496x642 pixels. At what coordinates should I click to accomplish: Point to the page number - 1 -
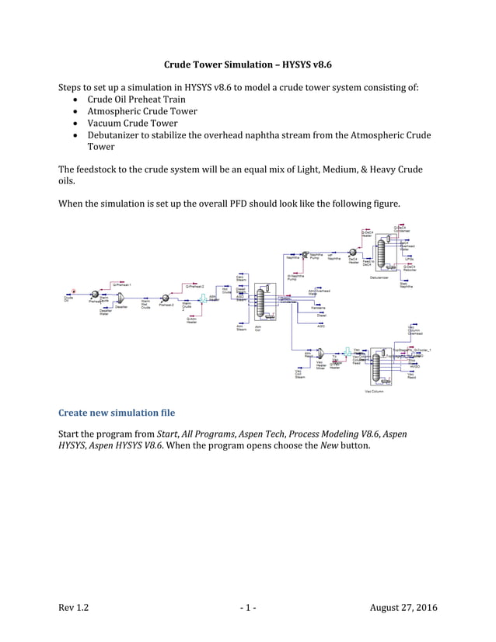(248, 606)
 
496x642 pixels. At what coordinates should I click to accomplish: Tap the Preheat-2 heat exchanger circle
(166, 296)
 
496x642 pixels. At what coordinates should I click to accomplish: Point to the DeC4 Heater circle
(353, 252)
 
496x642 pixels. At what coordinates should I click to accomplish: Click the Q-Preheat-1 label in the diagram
(122, 285)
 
